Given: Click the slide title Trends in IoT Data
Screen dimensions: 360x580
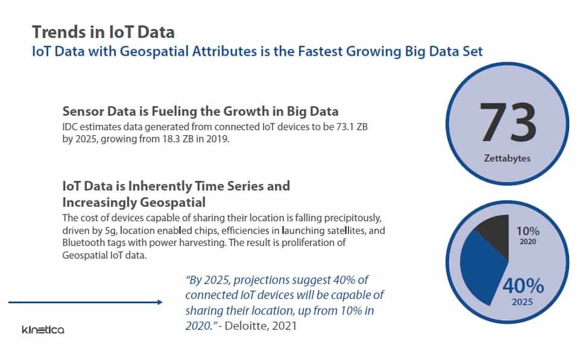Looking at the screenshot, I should click(x=103, y=31).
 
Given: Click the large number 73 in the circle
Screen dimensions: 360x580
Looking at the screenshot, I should click(x=508, y=123).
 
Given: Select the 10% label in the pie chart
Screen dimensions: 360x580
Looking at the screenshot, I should click(x=528, y=231).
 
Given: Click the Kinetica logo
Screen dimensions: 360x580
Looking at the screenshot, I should click(x=42, y=330).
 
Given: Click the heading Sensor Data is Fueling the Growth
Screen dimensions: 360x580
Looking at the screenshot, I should click(x=200, y=111).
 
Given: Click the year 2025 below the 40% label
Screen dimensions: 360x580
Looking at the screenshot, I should click(x=522, y=302).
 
